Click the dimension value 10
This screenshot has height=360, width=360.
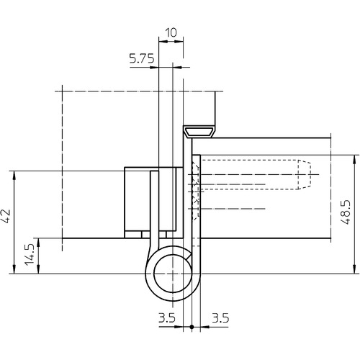pyautogui.click(x=171, y=32)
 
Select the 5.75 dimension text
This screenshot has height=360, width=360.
pyautogui.click(x=142, y=58)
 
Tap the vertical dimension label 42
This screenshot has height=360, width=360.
pyautogui.click(x=6, y=216)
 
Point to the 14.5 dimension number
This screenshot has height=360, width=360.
pyautogui.click(x=30, y=255)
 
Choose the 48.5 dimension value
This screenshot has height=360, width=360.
pyautogui.click(x=346, y=212)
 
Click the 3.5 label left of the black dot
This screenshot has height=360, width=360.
pyautogui.click(x=167, y=318)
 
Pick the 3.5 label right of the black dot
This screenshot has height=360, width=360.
pyautogui.click(x=220, y=318)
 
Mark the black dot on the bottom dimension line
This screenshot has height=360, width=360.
pyautogui.click(x=192, y=327)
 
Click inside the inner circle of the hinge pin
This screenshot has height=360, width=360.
pyautogui.click(x=172, y=274)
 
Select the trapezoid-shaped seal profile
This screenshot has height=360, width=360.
pyautogui.click(x=199, y=132)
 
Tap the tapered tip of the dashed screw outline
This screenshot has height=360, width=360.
pyautogui.click(x=305, y=174)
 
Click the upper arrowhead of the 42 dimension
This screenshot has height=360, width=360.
pyautogui.click(x=14, y=176)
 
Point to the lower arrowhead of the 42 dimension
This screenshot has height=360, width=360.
pyautogui.click(x=14, y=269)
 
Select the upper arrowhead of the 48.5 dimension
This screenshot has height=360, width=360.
pyautogui.click(x=354, y=160)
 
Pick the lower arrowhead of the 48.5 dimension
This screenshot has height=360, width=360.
pyautogui.click(x=354, y=269)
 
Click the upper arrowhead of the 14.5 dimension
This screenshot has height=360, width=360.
pyautogui.click(x=38, y=243)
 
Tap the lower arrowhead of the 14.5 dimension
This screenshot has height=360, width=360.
pyautogui.click(x=38, y=269)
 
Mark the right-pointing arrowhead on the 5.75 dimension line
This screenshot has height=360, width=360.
pyautogui.click(x=154, y=67)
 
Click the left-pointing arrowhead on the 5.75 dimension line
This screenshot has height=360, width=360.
pyautogui.click(x=177, y=67)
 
